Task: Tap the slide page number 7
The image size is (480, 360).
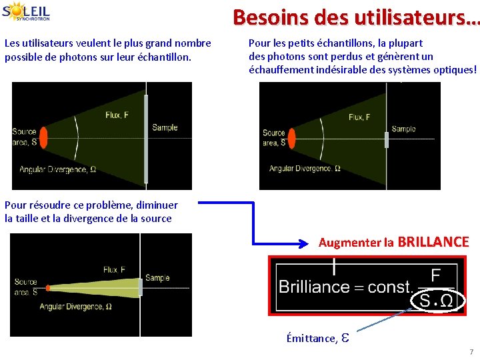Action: pos(471,351)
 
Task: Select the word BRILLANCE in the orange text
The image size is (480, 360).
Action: pos(433,242)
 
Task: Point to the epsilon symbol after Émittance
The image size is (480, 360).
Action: pos(345,338)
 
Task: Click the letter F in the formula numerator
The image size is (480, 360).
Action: pos(435,275)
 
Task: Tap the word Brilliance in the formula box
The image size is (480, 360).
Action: pos(314,287)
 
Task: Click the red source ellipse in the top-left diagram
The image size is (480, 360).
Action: pos(44,137)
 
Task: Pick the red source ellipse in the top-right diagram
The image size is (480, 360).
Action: pos(291,137)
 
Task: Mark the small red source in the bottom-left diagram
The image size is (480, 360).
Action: pos(48,288)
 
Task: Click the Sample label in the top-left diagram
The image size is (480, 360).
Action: pos(165,127)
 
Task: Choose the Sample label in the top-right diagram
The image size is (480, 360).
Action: pos(403,129)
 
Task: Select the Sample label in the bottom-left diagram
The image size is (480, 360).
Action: pos(157,278)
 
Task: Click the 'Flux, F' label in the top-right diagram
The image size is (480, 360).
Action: pos(361,117)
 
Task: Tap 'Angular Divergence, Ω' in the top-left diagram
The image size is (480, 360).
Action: pos(57,169)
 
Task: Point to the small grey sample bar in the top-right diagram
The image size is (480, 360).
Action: pos(386,139)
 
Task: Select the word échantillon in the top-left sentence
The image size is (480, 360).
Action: pos(166,57)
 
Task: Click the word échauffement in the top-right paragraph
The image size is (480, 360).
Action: pos(279,69)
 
